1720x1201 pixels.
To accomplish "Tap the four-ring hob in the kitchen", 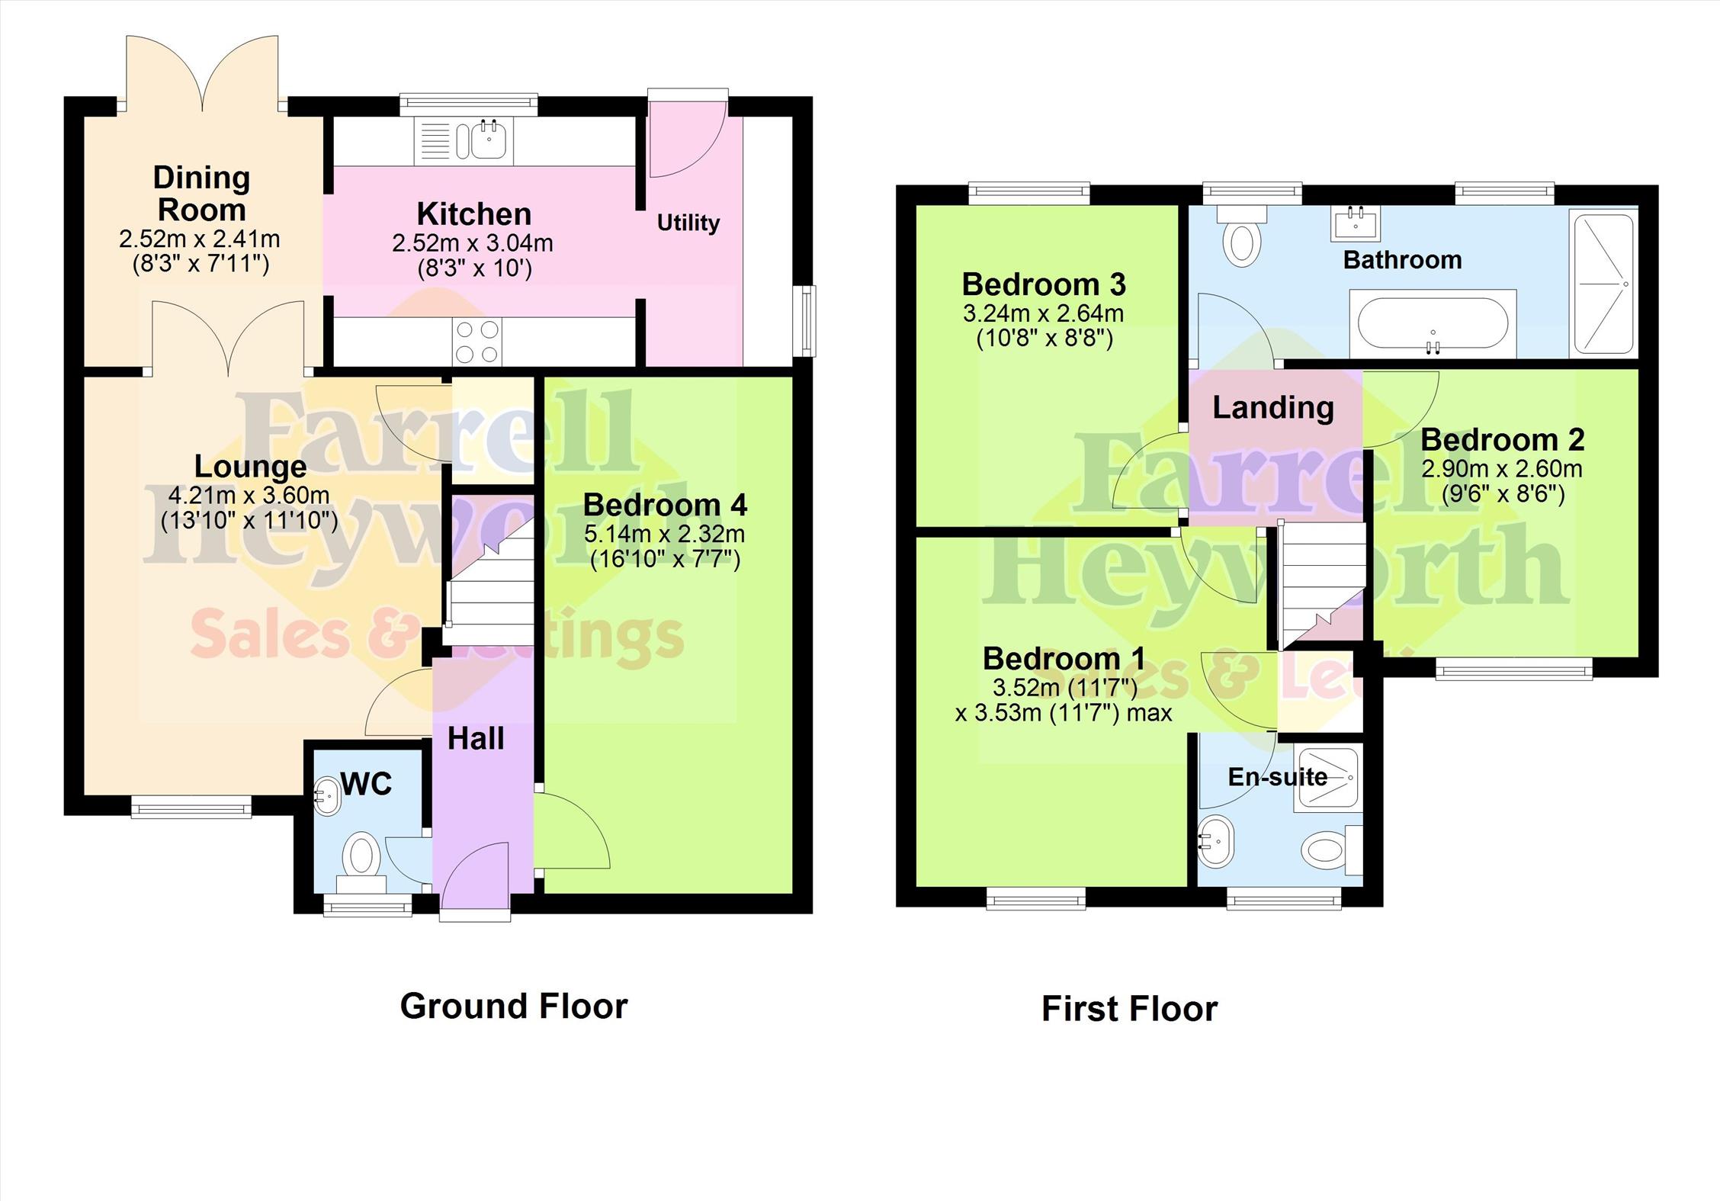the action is pos(478,342).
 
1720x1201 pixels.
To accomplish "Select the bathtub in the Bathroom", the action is pos(1433,323).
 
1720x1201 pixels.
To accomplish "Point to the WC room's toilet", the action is pos(361,864).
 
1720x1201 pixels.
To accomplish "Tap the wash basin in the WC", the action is pos(326,796).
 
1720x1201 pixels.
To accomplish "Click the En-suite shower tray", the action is pos(1327,779).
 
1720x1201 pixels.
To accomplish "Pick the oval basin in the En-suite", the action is pos(1215,841).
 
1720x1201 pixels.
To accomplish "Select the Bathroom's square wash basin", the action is pos(1356,223).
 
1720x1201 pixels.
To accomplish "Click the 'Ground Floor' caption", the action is pos(514,1007).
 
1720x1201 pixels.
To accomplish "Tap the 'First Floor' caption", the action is pos(1130,1009).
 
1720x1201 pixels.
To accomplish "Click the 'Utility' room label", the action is pos(688,223).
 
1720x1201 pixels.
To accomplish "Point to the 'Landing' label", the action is pos(1273,408).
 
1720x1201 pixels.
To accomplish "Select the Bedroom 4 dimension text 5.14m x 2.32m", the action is pos(665,534).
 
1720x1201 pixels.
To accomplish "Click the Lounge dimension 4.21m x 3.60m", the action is pos(249,495).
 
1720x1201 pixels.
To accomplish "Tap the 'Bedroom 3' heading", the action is pos(1044,284).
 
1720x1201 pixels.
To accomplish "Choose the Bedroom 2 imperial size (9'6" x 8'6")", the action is pos(1503,494).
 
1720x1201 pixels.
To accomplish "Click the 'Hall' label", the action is pos(476,738).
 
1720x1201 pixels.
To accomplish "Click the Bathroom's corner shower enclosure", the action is pos(1603,284).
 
